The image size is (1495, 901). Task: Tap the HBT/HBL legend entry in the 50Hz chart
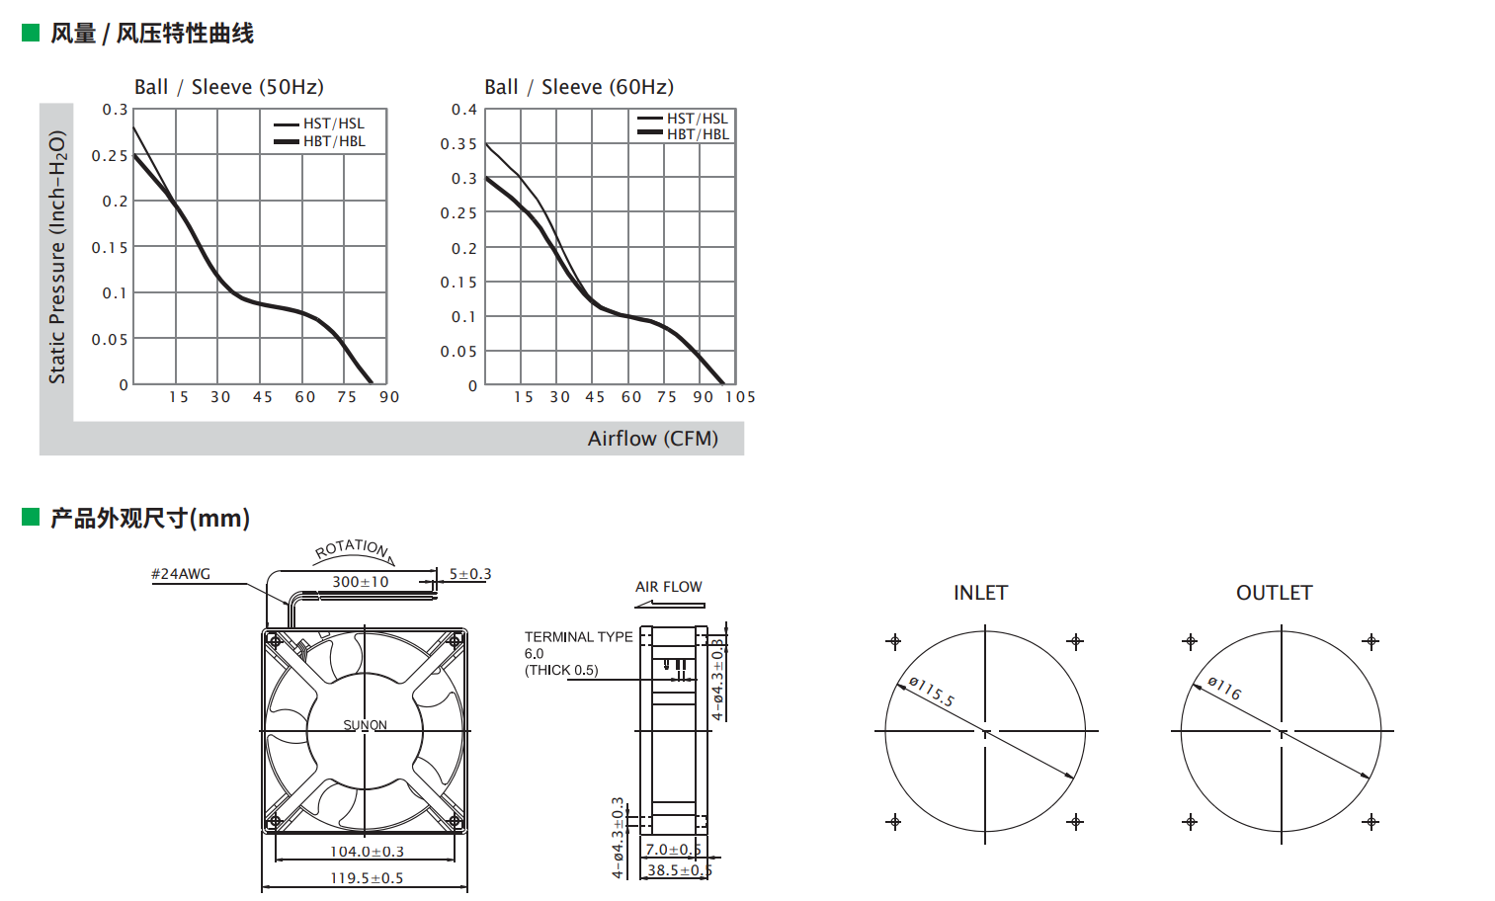pyautogui.click(x=319, y=141)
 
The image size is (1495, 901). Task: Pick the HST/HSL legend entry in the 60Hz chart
pyautogui.click(x=683, y=119)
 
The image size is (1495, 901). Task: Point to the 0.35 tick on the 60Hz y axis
pyautogui.click(x=458, y=144)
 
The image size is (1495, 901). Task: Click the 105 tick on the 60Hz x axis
pyautogui.click(x=740, y=397)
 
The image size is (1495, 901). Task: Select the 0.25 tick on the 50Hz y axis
pyautogui.click(x=110, y=155)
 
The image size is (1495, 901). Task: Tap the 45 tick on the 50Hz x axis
pyautogui.click(x=262, y=397)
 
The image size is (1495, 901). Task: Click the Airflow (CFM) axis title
pyautogui.click(x=653, y=439)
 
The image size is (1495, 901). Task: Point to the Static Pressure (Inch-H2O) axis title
pyautogui.click(x=57, y=257)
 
